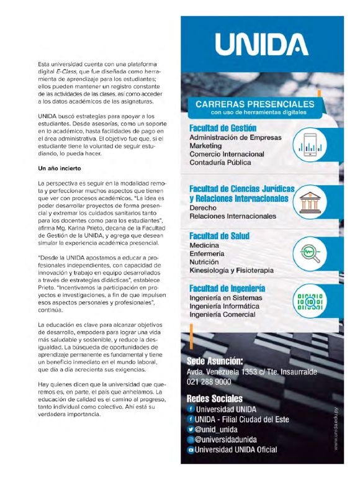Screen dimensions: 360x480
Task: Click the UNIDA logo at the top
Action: (x=260, y=45)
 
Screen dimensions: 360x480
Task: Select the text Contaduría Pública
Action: (x=220, y=163)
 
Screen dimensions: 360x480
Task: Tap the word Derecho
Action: (x=206, y=208)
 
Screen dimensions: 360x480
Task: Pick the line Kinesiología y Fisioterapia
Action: (x=232, y=271)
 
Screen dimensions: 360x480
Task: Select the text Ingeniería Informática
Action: (x=225, y=307)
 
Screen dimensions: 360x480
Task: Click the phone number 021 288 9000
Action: (x=209, y=382)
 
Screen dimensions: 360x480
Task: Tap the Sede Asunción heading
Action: (x=215, y=361)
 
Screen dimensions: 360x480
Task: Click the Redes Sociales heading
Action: (x=215, y=398)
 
